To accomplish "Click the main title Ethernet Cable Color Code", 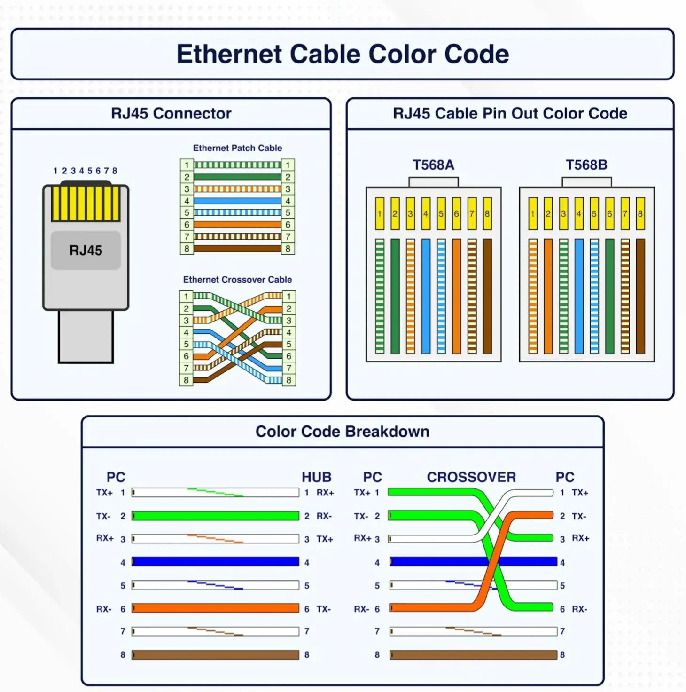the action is tap(343, 54).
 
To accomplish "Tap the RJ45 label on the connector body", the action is tap(86, 250).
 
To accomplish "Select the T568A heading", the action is tap(433, 165).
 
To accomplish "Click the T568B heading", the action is tap(586, 165).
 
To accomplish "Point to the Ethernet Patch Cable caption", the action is tap(237, 148).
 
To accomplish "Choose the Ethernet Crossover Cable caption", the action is tap(237, 279).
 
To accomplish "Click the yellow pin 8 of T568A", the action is tap(487, 213).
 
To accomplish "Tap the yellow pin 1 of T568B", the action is tap(533, 213).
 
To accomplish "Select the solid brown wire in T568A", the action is tap(487, 296).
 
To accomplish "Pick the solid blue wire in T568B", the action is tap(579, 296).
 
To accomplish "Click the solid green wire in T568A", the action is tap(395, 296).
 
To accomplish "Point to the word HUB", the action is tap(316, 477).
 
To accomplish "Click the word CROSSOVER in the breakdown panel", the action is tap(471, 477).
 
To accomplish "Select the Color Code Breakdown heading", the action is tap(343, 431).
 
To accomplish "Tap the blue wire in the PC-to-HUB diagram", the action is tap(215, 561).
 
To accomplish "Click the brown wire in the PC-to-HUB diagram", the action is tap(215, 655).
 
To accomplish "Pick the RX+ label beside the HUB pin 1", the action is tap(325, 492).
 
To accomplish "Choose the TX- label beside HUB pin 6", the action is tap(323, 609).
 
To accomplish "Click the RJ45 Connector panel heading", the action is tap(171, 113).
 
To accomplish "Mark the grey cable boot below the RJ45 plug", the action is tap(86, 337).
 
